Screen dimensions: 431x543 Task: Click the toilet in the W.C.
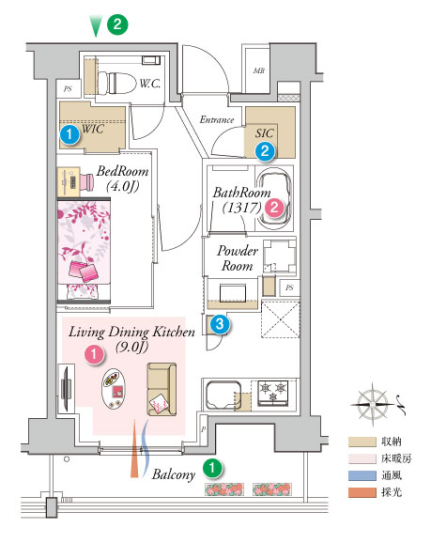115,83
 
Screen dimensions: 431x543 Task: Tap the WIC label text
93,129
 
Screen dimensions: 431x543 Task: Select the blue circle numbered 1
69,134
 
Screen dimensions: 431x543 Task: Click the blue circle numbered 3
220,324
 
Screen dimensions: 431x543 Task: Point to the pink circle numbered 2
274,208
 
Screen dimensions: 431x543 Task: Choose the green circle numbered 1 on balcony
212,469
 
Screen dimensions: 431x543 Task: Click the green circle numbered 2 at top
117,24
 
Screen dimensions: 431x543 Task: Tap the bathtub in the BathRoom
274,198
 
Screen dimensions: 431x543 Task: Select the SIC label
265,133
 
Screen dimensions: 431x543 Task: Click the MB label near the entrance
259,70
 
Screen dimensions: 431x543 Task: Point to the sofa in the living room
162,389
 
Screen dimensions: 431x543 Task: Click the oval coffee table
114,389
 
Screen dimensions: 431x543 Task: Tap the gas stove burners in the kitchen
273,393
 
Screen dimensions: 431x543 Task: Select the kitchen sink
223,395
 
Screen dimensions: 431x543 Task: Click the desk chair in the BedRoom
87,181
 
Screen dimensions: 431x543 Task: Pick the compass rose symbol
373,404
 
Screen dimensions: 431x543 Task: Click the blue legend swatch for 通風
362,475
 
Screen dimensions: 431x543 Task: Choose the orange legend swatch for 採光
362,492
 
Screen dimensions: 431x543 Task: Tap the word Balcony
174,474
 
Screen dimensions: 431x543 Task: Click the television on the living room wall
67,388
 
